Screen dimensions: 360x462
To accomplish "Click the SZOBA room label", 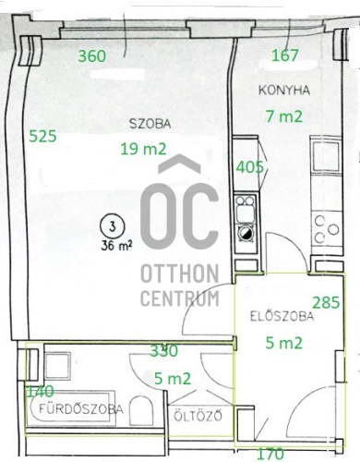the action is click(x=150, y=124).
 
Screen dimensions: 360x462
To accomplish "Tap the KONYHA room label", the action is click(x=284, y=91).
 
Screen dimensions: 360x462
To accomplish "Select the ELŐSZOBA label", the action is click(x=282, y=316).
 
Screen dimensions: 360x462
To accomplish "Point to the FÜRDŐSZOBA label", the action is click(x=81, y=409).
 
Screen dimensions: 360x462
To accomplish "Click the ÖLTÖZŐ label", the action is click(x=198, y=416).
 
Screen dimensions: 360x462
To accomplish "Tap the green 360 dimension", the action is click(x=92, y=56).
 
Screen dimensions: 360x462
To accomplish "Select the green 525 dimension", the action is click(x=42, y=136).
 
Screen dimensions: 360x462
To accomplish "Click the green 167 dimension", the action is click(x=285, y=55).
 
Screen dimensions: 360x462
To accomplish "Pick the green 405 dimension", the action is click(x=250, y=167).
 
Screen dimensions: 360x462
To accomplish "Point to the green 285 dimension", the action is click(x=326, y=302).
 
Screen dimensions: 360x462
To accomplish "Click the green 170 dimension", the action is click(x=270, y=454).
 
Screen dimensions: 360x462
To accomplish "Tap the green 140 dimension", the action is click(x=41, y=392).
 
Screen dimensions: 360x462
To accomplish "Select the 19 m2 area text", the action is click(x=143, y=149).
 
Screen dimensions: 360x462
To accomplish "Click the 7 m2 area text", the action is click(x=284, y=116).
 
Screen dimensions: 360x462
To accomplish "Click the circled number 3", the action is click(x=113, y=226).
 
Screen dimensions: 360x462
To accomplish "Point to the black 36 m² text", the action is click(x=116, y=246).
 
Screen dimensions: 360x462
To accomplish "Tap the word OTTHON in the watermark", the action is click(x=180, y=274).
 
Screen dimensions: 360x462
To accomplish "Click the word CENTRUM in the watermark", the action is click(x=180, y=298).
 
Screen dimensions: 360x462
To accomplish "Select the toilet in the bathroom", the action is click(x=141, y=410).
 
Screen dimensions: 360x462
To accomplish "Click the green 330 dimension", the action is click(x=164, y=350).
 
